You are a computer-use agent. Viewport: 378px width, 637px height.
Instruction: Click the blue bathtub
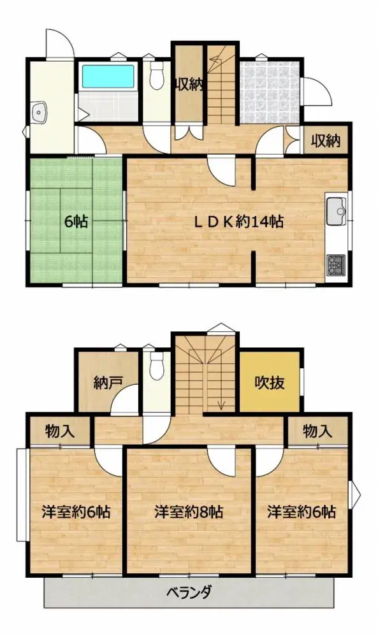[108, 78]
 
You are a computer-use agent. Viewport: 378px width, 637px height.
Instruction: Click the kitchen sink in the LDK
[336, 209]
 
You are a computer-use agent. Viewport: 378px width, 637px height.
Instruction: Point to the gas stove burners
[335, 262]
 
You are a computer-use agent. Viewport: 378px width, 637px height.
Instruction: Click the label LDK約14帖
[238, 222]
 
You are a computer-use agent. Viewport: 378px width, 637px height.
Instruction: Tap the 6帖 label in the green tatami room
[76, 222]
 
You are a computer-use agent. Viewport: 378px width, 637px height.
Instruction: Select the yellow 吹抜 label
[270, 383]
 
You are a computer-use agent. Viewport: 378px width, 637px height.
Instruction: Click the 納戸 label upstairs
[108, 383]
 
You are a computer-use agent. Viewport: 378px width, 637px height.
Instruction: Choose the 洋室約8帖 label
[189, 512]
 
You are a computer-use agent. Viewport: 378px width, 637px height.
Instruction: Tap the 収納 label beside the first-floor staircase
[189, 85]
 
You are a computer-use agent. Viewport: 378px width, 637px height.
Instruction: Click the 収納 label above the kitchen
[326, 140]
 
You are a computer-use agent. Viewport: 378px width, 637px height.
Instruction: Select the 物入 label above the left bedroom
[60, 431]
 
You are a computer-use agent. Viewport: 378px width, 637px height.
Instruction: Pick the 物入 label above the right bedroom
[317, 431]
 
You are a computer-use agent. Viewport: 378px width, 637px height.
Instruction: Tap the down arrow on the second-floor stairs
[222, 403]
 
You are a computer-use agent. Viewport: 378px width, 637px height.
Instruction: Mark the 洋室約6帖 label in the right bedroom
[302, 512]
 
